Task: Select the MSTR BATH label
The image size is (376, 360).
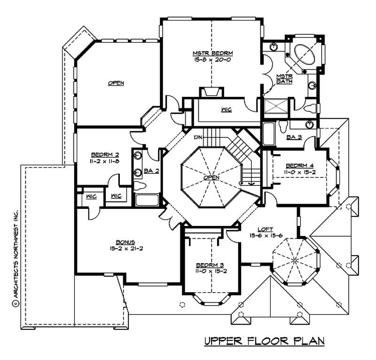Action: point(284,79)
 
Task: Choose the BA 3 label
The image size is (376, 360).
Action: point(294,137)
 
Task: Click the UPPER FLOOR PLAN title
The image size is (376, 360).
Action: point(264,341)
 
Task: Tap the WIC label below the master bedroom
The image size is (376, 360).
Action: point(226,110)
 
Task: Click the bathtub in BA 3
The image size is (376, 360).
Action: point(267,134)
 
